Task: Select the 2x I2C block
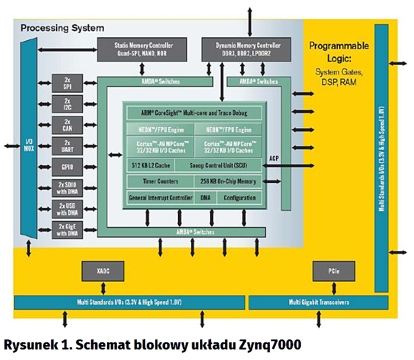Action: [67, 104]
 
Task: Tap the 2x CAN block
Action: [67, 125]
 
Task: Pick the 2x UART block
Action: [67, 146]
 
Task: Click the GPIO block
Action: [67, 166]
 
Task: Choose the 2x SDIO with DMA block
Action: [67, 187]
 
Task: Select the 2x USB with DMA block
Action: [67, 209]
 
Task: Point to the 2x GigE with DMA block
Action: [67, 230]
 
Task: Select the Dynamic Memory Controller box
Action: [248, 49]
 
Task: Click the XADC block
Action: [103, 271]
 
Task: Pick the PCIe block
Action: [333, 271]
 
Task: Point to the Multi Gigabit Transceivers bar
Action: [318, 303]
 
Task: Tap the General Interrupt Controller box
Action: [160, 197]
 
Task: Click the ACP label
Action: [273, 158]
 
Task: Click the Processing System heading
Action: [62, 28]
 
